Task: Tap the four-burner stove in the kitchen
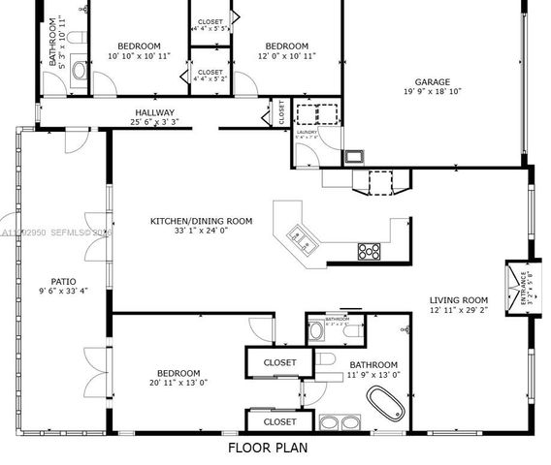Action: (370, 251)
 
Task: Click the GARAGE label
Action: (433, 82)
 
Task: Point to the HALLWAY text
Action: (154, 112)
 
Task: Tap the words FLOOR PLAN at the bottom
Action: (267, 448)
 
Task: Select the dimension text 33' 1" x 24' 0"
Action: (201, 232)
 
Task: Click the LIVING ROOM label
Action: (459, 300)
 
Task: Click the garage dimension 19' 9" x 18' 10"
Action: (433, 93)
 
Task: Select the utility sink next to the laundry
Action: (356, 155)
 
